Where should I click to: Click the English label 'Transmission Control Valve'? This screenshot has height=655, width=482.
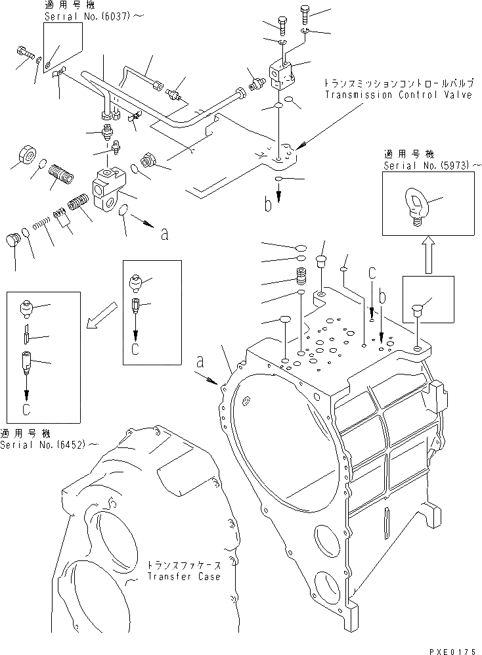click(x=398, y=95)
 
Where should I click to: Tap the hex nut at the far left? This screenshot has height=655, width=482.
click(x=26, y=155)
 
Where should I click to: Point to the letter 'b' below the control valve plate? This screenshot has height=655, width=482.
click(x=269, y=205)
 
